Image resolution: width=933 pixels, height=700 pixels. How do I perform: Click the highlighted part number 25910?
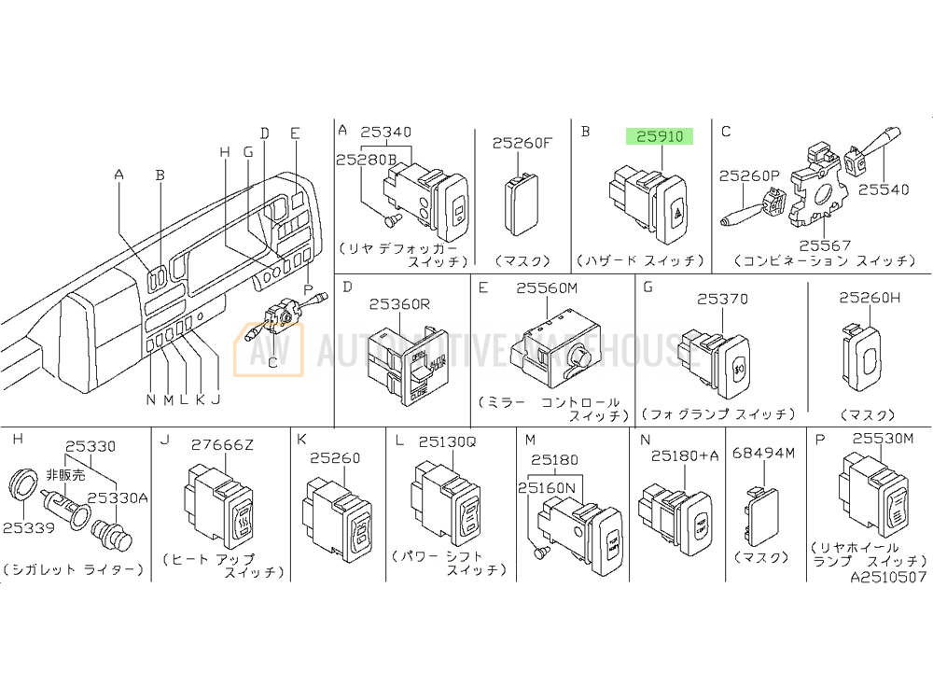tap(661, 136)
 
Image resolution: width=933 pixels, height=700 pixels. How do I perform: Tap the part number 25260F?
tap(522, 143)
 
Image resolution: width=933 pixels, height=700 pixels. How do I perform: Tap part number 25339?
tap(28, 527)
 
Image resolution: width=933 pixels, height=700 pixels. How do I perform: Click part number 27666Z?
tap(223, 444)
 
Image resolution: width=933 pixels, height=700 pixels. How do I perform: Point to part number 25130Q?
tap(448, 443)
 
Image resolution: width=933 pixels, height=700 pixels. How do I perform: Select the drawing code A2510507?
tap(888, 577)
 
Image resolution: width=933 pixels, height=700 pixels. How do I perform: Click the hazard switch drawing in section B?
tap(650, 198)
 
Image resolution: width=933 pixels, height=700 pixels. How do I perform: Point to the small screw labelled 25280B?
tap(392, 220)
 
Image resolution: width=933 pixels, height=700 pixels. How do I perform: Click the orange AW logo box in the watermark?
tap(268, 349)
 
